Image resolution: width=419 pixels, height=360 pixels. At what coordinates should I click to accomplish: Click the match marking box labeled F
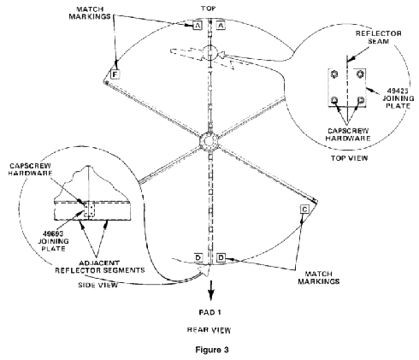(x=115, y=74)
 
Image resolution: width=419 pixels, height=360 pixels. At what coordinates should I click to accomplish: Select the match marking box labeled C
(x=304, y=210)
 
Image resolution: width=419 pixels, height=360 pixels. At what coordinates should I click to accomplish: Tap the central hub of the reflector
(x=209, y=141)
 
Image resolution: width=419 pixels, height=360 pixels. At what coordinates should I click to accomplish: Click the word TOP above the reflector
(x=209, y=9)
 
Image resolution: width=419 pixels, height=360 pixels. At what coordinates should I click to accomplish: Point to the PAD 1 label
(x=210, y=312)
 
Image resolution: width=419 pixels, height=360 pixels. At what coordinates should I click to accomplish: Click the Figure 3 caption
(x=212, y=350)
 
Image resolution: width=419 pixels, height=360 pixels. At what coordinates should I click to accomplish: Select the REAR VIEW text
(x=209, y=330)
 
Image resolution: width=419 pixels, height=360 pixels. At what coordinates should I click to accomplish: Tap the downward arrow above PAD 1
(x=210, y=290)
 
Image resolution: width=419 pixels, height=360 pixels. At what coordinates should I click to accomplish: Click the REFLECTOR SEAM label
(x=378, y=38)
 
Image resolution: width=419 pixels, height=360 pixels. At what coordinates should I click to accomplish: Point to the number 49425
(x=398, y=91)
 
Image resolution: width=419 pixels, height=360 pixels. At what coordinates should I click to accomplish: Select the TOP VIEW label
(x=349, y=158)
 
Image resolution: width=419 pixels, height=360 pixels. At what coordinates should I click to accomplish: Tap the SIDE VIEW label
(x=97, y=285)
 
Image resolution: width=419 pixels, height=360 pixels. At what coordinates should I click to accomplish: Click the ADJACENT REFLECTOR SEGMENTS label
(x=99, y=267)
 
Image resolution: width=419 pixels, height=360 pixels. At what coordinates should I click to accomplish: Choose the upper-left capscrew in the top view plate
(x=334, y=74)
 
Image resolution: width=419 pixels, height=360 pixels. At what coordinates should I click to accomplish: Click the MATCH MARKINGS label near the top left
(x=90, y=13)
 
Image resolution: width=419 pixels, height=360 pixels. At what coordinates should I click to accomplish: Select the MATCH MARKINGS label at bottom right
(x=319, y=278)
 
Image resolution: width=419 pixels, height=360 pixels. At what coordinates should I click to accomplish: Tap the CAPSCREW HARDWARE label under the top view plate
(x=348, y=134)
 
